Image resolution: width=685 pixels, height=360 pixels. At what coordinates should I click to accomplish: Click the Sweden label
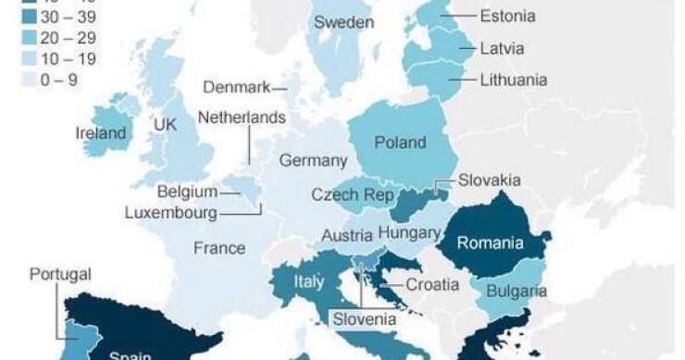click(343, 21)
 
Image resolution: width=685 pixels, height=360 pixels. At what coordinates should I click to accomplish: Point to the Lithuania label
click(513, 80)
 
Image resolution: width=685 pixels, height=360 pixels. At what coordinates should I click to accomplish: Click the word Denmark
click(236, 87)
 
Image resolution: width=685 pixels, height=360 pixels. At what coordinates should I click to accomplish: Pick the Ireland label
click(100, 133)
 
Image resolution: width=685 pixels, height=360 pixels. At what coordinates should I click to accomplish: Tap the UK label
click(166, 124)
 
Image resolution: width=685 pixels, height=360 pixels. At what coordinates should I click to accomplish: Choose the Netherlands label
click(242, 118)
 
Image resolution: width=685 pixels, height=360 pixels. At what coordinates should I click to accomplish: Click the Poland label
click(400, 143)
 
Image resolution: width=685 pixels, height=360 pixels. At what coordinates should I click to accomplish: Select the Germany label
click(313, 161)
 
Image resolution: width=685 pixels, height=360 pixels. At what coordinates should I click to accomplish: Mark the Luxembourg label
click(170, 213)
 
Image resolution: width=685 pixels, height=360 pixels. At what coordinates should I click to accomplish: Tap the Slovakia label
click(490, 180)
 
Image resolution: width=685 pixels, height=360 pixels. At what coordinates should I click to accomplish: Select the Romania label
click(490, 244)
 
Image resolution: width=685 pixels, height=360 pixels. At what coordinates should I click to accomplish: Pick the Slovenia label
click(364, 319)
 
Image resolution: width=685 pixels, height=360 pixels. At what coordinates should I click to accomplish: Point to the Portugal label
click(60, 275)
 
